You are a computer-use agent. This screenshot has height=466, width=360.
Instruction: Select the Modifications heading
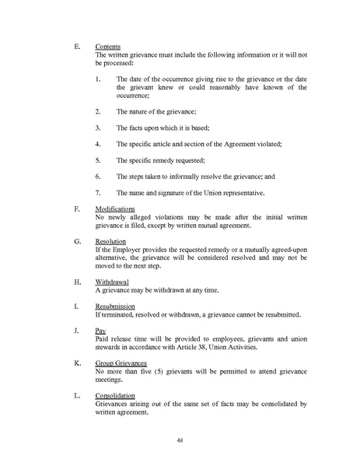(x=114, y=208)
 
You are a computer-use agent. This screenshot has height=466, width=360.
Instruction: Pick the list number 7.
(x=97, y=192)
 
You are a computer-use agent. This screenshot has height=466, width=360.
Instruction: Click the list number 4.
(x=97, y=144)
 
